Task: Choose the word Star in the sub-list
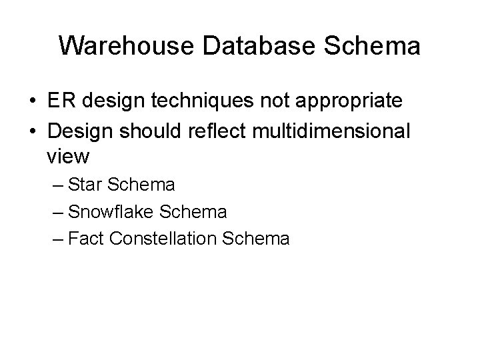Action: click(x=83, y=185)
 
